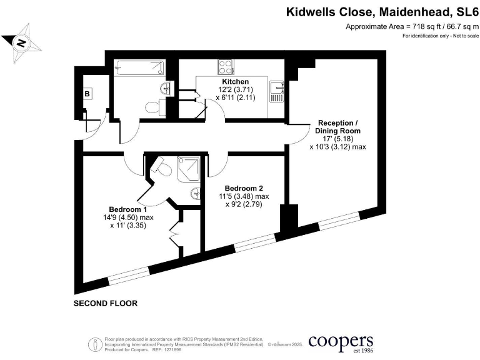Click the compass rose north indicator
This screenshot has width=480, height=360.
22,42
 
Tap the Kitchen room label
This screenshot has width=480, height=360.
235,82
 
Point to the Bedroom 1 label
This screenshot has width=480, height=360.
127,209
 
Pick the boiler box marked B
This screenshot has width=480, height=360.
87,94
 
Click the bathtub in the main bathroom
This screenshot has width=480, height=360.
139,67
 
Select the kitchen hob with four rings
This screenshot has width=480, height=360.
225,66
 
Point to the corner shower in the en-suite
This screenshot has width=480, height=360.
189,168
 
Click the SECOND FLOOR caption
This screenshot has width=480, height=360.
105,303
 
